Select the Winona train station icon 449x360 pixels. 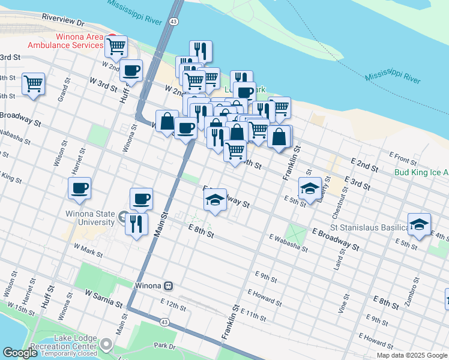click(170, 285)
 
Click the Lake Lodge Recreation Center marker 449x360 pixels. click(106, 344)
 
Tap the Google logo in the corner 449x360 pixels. click(20, 353)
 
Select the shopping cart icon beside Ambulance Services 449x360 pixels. click(116, 46)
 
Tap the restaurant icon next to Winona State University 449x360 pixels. click(136, 224)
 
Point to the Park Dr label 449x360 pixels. click(163, 346)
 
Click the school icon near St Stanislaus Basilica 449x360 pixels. click(419, 224)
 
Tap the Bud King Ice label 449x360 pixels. click(421, 172)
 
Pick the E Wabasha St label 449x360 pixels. click(288, 243)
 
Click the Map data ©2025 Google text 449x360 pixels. click(412, 355)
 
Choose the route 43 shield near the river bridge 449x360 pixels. click(173, 21)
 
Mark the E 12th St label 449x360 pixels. click(173, 305)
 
